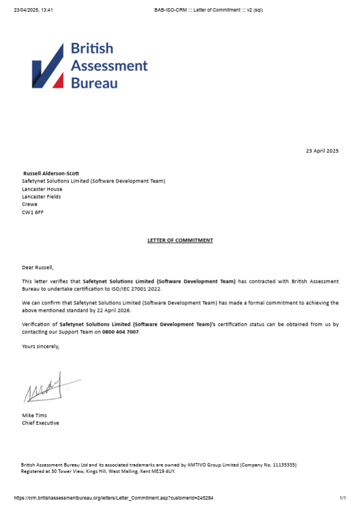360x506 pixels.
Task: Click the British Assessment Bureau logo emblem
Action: tap(48, 66)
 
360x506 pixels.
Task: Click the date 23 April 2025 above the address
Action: tap(322, 151)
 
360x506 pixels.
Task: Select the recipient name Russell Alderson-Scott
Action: tap(51, 173)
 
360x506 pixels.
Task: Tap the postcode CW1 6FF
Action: tap(33, 212)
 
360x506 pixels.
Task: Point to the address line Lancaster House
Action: tap(42, 189)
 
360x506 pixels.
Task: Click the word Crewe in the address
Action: tap(30, 204)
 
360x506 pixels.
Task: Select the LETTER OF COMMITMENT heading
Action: tap(180, 240)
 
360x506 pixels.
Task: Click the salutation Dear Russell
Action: tap(38, 267)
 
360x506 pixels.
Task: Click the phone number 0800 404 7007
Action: tap(121, 332)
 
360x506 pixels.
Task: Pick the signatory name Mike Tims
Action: tap(34, 415)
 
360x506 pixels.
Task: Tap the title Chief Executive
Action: tap(41, 423)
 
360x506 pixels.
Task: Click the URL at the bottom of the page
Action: tap(113, 498)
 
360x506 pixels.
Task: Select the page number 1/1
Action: tap(343, 498)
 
